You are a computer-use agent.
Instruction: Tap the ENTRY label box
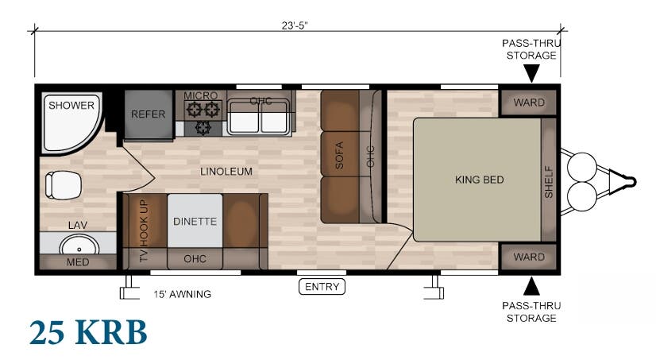[322, 287]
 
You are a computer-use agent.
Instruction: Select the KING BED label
[479, 180]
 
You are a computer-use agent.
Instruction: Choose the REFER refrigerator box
[149, 114]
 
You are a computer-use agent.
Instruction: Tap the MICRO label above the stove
[200, 96]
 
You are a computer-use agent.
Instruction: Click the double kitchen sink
[258, 120]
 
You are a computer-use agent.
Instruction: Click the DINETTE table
[195, 221]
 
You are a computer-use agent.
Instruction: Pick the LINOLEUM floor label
[226, 172]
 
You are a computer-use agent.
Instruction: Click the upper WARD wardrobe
[529, 103]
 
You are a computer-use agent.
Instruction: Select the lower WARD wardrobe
[529, 257]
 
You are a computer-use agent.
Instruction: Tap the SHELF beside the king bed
[549, 180]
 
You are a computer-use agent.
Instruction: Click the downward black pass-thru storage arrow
[531, 74]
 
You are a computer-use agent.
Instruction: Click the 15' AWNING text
[183, 294]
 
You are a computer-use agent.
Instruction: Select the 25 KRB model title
[88, 334]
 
